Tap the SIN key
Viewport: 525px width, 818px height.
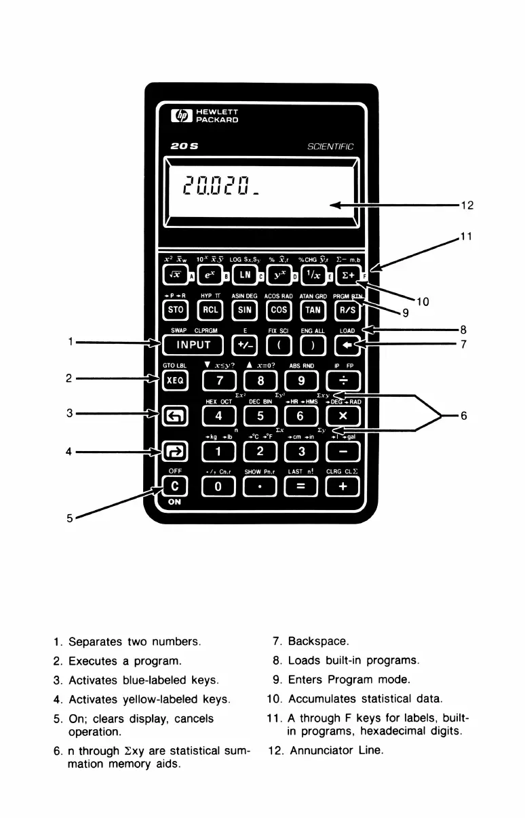[x=244, y=310]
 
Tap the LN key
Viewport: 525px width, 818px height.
[x=244, y=275]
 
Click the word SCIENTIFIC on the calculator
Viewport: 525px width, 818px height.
[x=331, y=147]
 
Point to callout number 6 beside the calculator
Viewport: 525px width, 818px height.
[x=464, y=416]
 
